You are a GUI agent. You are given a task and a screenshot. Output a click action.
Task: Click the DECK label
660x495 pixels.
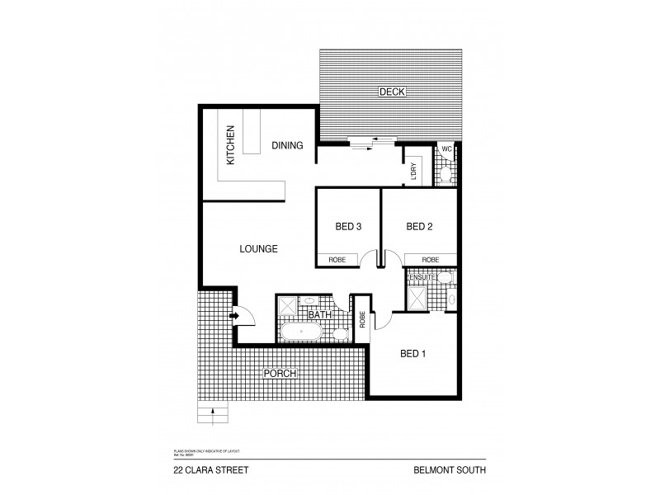coord(391,92)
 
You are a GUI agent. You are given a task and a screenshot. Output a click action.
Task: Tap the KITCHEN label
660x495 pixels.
coord(231,144)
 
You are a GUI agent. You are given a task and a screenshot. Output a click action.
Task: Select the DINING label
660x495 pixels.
coord(287,145)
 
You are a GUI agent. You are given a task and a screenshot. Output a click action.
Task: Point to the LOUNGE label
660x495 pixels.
coord(258,248)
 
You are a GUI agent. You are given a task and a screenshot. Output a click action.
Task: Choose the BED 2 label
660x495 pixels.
coord(419,226)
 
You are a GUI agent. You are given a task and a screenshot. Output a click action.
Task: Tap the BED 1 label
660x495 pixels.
coord(412,354)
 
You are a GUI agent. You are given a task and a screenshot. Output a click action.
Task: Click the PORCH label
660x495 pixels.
coord(279,374)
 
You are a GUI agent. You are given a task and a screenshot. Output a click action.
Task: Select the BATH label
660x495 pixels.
coord(319,315)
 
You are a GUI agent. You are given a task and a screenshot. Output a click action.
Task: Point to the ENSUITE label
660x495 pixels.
coord(422,278)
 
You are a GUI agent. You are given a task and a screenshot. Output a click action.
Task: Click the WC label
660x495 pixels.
coord(446,148)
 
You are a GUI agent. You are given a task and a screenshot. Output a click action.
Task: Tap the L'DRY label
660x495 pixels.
coord(413,170)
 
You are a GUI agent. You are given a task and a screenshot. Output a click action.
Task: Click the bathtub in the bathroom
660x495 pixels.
coord(300,332)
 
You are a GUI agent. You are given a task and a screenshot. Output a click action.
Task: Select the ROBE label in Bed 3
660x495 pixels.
coord(337,259)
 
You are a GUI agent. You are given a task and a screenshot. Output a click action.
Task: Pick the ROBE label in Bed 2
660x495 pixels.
coord(431,259)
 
